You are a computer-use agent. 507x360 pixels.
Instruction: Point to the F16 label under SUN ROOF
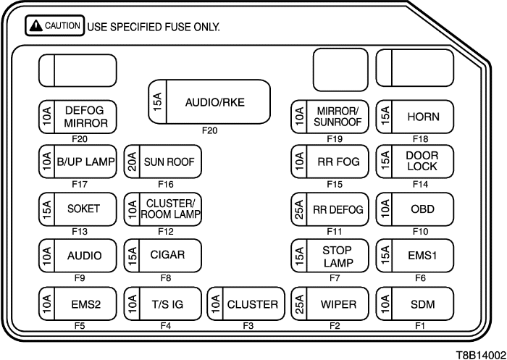tap(167, 185)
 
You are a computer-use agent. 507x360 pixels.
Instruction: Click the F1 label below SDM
tap(419, 326)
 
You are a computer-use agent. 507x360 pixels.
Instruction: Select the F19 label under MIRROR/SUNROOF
tap(334, 138)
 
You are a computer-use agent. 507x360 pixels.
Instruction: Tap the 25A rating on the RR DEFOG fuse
tap(299, 209)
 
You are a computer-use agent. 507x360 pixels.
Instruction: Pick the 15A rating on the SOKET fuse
tap(47, 209)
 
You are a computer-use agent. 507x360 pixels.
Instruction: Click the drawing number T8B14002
tap(480, 351)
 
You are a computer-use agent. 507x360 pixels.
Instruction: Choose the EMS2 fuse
tap(77, 304)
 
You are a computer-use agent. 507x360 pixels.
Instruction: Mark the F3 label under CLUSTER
tap(248, 326)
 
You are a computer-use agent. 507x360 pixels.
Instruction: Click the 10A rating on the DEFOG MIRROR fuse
tap(47, 116)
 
